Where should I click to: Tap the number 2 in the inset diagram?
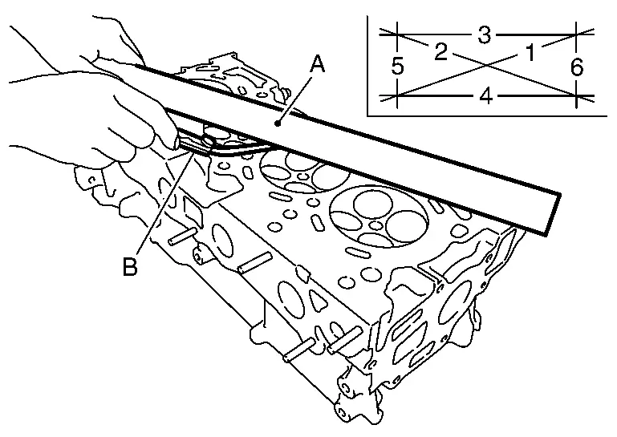click(440, 53)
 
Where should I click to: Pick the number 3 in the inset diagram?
click(484, 34)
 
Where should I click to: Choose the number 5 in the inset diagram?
click(398, 67)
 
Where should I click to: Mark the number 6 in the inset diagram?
click(577, 67)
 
